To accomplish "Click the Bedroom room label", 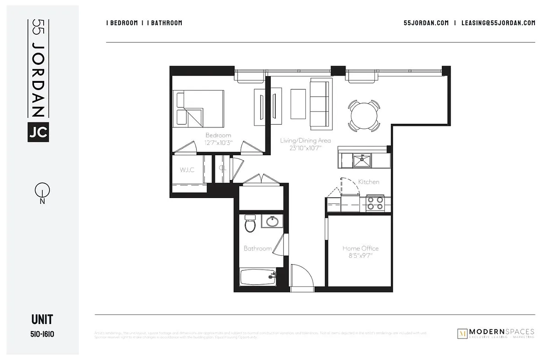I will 218,135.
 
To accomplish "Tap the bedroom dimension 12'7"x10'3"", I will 218,142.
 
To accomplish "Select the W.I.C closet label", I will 187,170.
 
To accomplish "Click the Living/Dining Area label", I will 305,140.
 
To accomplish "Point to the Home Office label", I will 360,248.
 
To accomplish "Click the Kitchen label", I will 368,182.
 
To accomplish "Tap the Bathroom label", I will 257,248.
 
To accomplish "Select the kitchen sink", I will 362,160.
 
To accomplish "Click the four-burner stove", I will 375,203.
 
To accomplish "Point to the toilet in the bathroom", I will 250,224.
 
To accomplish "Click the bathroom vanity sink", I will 272,221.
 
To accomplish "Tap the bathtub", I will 258,277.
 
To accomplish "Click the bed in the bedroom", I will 200,108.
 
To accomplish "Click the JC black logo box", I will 38,132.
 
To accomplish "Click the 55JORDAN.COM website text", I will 426,23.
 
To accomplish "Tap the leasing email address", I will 498,23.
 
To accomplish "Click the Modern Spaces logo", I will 495,333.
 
